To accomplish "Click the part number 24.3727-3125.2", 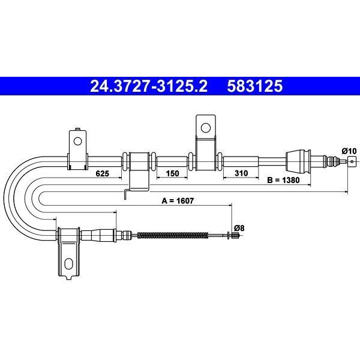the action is [149, 86].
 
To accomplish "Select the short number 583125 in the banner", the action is [255, 86].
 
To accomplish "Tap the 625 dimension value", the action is [102, 173].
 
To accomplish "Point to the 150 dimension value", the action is [172, 173].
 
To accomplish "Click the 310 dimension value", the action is [241, 173].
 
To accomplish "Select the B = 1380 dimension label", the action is [283, 180].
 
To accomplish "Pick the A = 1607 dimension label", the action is [178, 201].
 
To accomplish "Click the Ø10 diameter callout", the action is [349, 151].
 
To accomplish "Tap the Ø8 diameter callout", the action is [239, 228].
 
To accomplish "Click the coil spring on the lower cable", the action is [173, 235].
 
